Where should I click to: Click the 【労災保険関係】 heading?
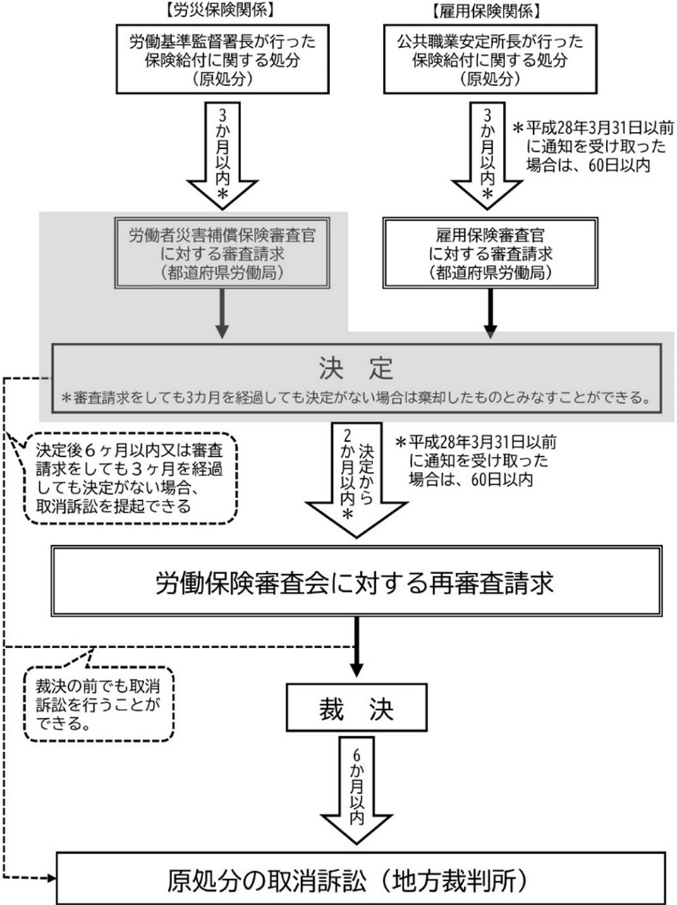[221, 11]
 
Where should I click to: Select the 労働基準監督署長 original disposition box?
[221, 60]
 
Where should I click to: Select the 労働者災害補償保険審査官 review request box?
[221, 253]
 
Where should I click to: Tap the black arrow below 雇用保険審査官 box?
[490, 314]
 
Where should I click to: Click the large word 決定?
[355, 368]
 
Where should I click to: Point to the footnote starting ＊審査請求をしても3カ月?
[355, 397]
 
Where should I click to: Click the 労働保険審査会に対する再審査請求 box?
[357, 583]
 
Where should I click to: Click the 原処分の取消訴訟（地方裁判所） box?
[359, 879]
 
